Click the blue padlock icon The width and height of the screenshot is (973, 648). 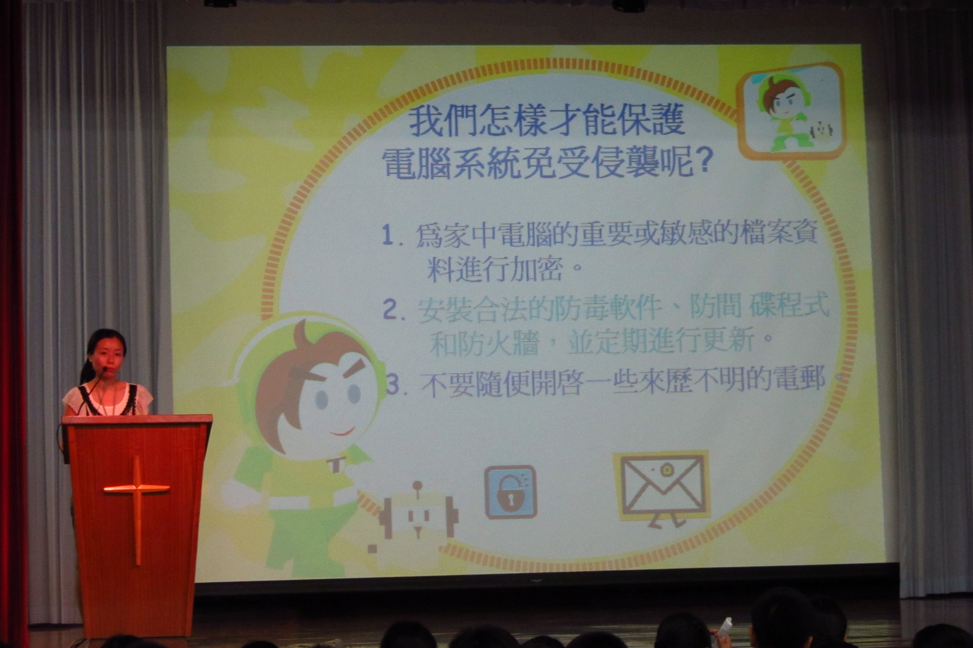510,492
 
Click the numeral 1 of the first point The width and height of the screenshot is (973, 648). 388,236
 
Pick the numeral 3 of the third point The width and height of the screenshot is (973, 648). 392,384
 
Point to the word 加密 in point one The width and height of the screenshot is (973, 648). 533,269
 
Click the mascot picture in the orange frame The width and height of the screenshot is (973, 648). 790,111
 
